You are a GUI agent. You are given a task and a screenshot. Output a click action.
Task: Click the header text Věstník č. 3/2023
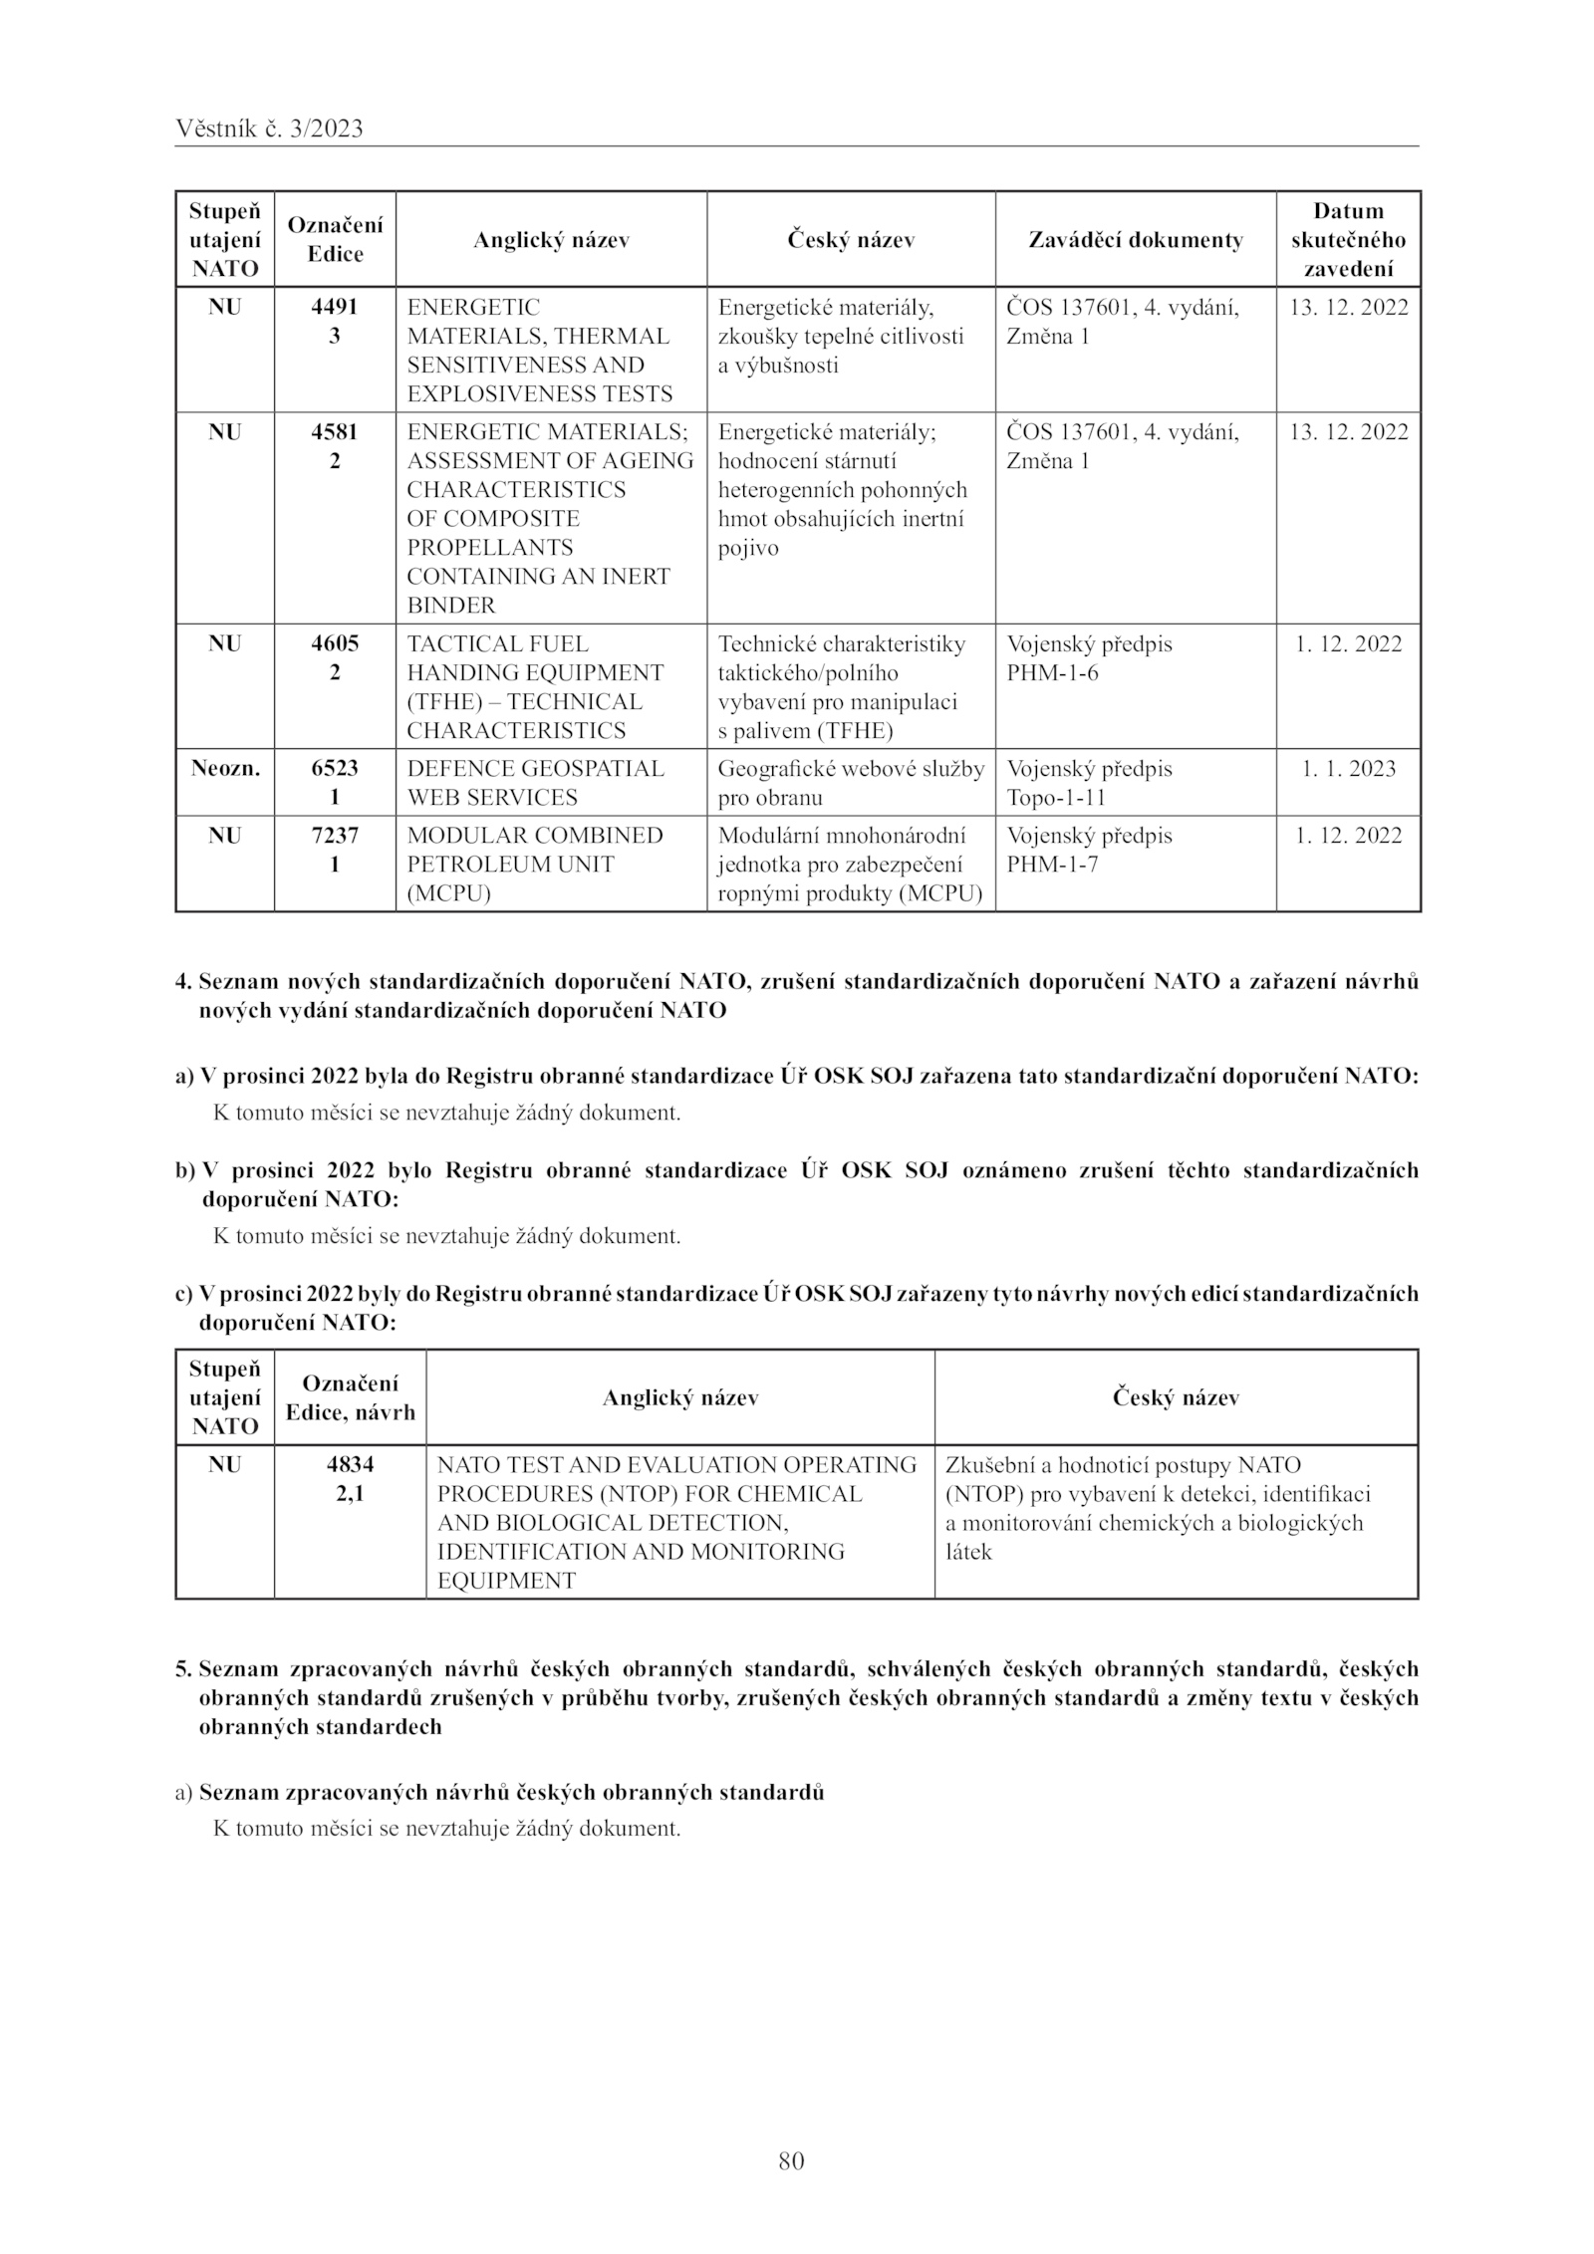pos(269,128)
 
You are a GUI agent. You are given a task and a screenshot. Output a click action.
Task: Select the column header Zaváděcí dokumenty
pos(1135,240)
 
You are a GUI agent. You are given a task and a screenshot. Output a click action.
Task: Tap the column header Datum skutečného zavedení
pos(1348,240)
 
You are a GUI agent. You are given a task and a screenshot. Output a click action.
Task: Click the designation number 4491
pos(335,308)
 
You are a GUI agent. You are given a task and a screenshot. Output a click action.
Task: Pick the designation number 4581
pos(335,432)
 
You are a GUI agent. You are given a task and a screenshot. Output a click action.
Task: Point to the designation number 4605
pos(335,644)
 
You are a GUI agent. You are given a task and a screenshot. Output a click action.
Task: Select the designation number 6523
pos(335,769)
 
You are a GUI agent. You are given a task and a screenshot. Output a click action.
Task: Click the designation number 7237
pos(335,836)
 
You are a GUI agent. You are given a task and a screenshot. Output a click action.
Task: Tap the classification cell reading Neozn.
pos(225,769)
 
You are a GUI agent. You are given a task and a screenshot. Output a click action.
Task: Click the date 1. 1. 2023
pos(1348,769)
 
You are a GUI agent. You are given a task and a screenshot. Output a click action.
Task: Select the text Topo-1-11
pos(1056,798)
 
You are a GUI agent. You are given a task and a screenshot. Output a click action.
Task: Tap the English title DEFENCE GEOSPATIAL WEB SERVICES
pos(535,783)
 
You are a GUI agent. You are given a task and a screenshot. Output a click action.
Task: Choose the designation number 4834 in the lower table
pos(350,1465)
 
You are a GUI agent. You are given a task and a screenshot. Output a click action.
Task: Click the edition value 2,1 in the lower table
pos(350,1494)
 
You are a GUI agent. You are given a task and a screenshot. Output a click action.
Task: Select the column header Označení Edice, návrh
pos(350,1397)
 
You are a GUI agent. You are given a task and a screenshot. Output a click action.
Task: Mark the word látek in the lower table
pos(968,1552)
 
